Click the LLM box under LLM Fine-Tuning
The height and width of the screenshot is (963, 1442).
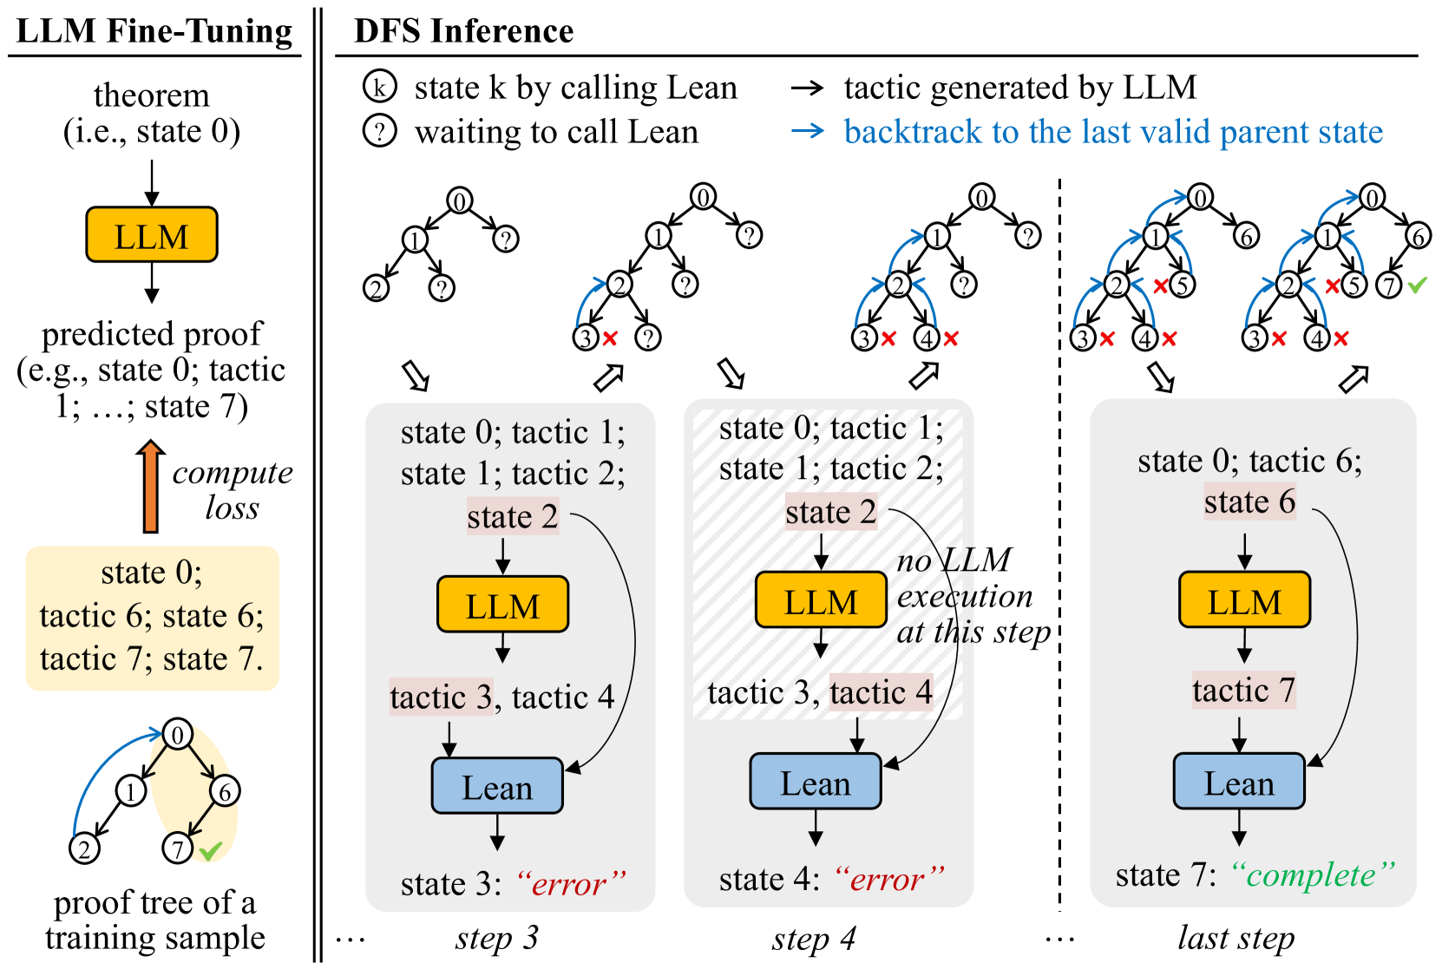point(151,235)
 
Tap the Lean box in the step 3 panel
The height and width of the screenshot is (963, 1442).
point(497,786)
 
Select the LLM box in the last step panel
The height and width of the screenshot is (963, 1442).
point(1244,600)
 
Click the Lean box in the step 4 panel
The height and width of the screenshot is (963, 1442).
point(816,783)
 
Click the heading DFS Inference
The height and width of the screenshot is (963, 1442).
point(463,31)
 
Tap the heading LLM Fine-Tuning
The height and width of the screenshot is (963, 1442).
point(154,31)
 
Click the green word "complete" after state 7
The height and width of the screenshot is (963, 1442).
point(1313,875)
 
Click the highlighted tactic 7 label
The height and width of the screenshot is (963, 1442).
point(1243,691)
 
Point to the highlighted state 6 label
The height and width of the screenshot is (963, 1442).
point(1249,501)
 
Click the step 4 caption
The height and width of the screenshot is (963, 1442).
point(814,938)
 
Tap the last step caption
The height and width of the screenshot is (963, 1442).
point(1236,938)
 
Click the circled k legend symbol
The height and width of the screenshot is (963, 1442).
point(379,87)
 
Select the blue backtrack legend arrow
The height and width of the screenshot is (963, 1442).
point(808,132)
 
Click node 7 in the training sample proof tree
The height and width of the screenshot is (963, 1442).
point(178,848)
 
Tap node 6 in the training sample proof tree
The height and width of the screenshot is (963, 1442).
point(225,790)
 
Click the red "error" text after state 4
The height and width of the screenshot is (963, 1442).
point(889,880)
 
